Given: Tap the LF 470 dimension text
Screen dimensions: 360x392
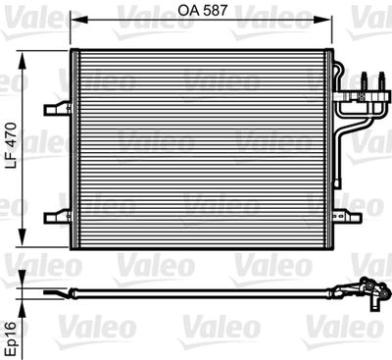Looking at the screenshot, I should (12, 148).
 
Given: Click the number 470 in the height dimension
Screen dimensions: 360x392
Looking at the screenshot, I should (12, 135).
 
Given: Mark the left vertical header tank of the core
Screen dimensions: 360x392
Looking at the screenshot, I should (76, 147).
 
